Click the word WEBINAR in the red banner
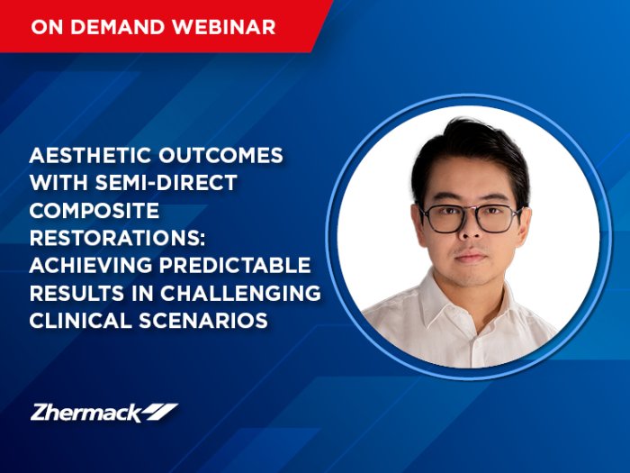click(x=224, y=27)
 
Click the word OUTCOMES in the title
click(x=221, y=155)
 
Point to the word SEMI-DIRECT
click(x=166, y=183)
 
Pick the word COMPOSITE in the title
click(x=94, y=210)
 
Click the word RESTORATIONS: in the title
click(x=117, y=238)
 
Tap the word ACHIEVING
click(x=91, y=266)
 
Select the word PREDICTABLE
click(x=236, y=266)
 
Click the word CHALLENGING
click(x=241, y=293)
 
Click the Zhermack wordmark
click(x=86, y=413)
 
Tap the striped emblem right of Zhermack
click(x=161, y=412)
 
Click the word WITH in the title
click(x=58, y=183)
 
